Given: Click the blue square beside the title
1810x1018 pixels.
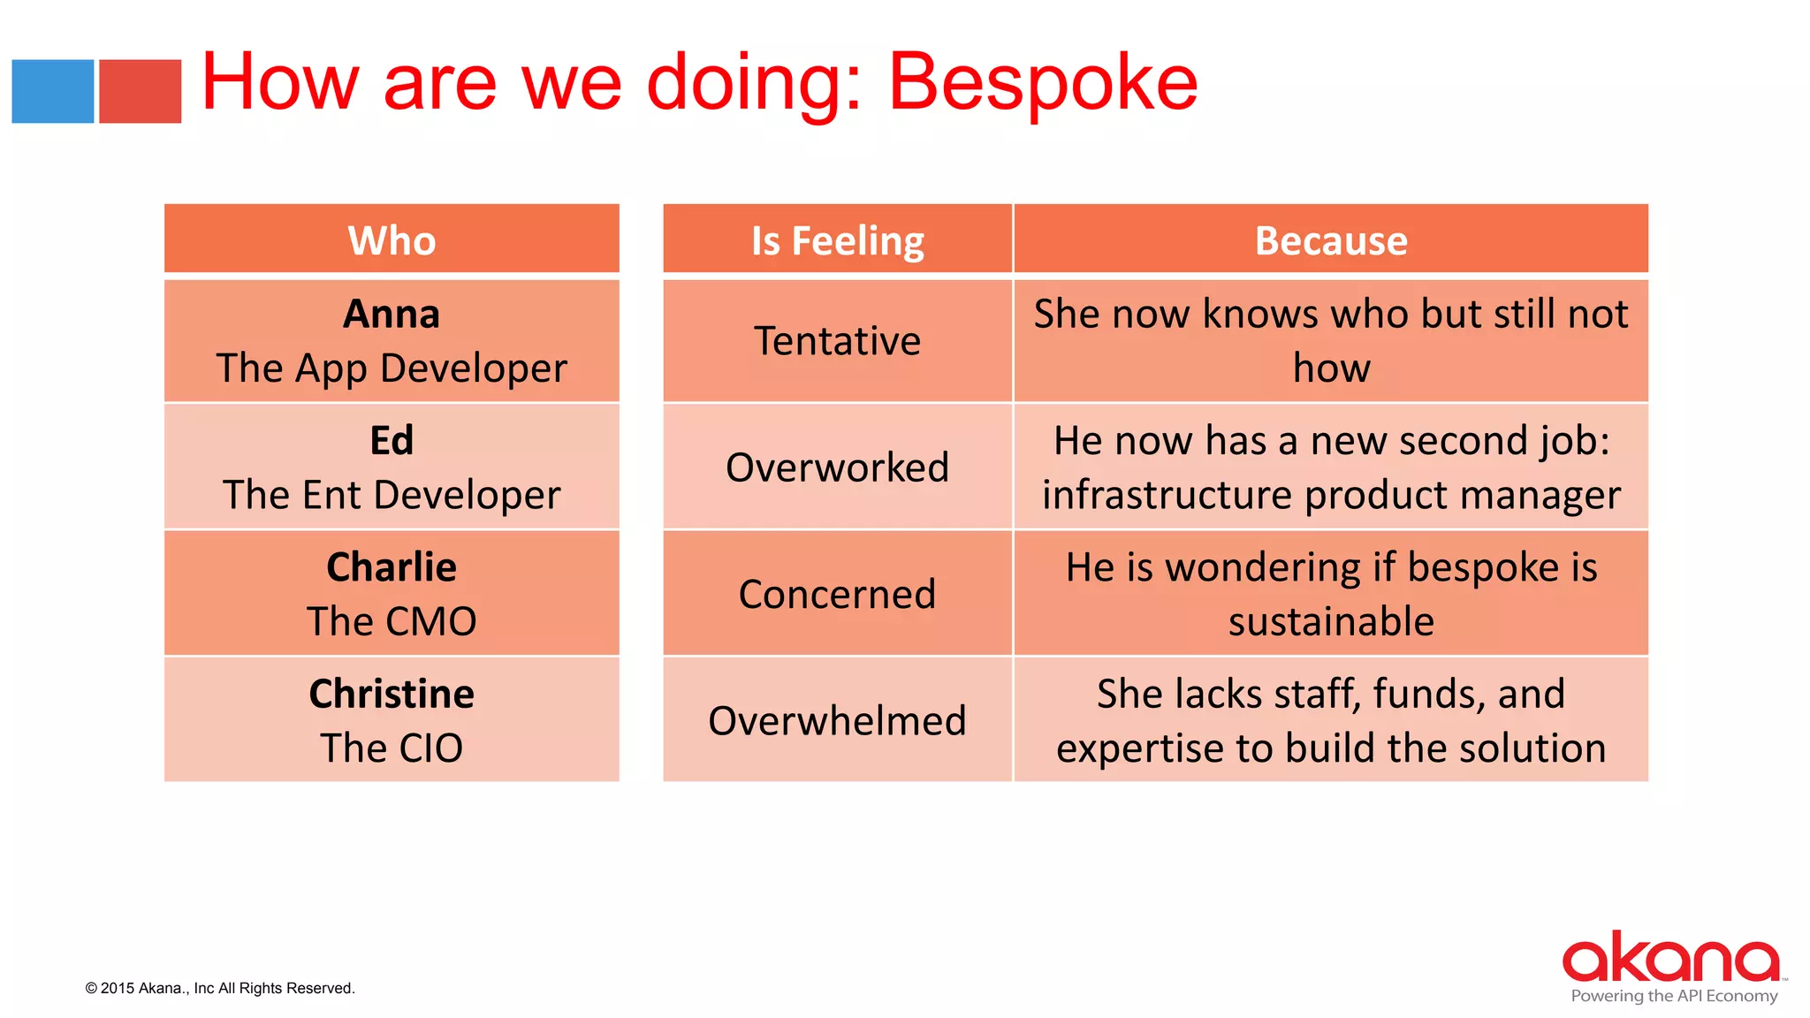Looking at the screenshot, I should (52, 91).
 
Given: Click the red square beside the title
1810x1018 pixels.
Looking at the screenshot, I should (140, 91).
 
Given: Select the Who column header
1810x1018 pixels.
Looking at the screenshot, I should (392, 240).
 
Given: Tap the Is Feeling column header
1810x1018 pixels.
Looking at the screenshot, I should (837, 240).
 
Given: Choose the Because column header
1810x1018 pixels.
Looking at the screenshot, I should (1331, 240).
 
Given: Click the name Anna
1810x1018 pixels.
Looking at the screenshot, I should (392, 315).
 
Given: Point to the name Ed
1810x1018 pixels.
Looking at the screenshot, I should (392, 441).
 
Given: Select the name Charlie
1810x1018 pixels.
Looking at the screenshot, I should (392, 567).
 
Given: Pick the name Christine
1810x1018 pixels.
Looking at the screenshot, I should (392, 695).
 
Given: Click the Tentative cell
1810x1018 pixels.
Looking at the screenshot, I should (837, 341).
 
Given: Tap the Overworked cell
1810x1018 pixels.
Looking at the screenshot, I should (837, 467).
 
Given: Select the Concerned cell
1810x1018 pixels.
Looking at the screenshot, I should (837, 594).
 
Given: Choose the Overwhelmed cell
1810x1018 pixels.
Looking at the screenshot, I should (837, 721).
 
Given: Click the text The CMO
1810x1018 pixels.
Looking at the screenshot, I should (392, 621).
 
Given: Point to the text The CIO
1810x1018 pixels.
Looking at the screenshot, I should (392, 748).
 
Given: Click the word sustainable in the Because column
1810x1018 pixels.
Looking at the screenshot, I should (1331, 621).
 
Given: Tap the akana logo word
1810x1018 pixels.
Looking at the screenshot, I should (1670, 958).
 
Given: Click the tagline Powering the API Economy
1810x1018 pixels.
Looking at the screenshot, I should (1674, 996).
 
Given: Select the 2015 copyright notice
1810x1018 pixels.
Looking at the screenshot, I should (220, 988).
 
